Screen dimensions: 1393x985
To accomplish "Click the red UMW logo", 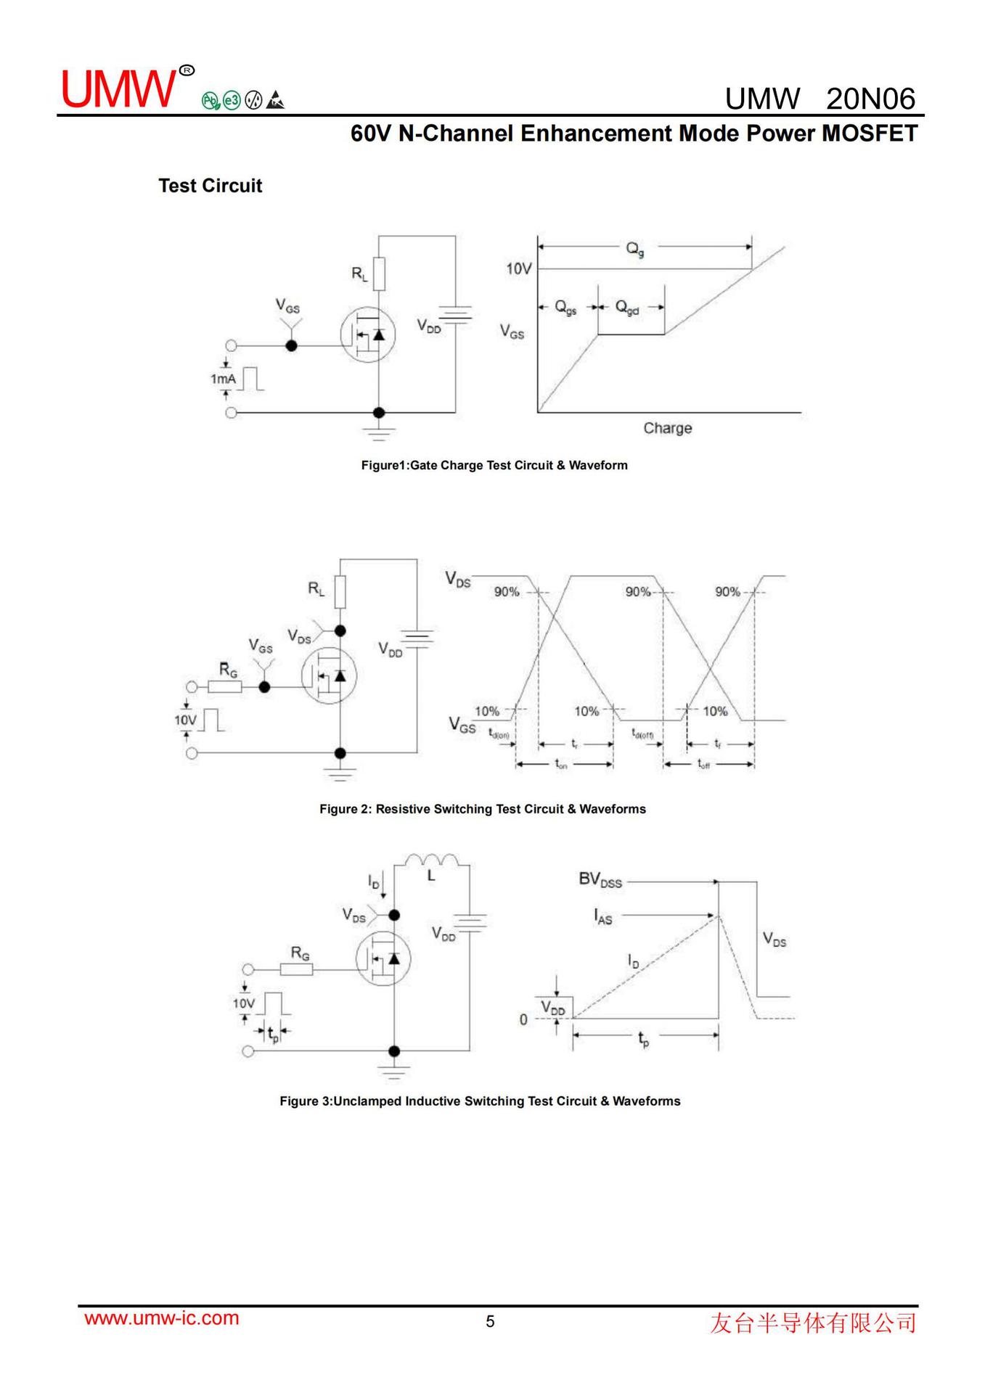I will pos(119,89).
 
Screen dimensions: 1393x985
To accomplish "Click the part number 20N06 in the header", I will pos(870,99).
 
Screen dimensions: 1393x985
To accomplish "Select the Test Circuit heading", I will pos(210,186).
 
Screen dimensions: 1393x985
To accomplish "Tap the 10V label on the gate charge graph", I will pos(518,269).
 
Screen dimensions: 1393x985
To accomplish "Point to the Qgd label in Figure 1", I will pos(627,308).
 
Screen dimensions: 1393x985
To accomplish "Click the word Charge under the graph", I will pos(667,428).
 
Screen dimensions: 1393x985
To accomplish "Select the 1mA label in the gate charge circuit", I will pos(223,379).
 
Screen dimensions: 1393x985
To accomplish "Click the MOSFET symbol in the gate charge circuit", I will pos(367,334).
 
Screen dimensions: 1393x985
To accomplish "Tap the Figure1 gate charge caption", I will pos(494,465).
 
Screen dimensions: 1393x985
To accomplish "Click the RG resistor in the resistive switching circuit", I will pos(225,686).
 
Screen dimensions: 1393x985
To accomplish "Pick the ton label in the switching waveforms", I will pos(561,763).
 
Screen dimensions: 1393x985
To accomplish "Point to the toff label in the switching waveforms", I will pos(703,763).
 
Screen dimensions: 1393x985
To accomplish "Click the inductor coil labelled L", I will pos(432,861).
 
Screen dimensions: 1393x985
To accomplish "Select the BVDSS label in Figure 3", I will pos(600,880).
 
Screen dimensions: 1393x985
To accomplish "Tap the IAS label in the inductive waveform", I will pos(602,917).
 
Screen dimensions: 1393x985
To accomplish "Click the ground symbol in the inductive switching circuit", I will pos(394,1070).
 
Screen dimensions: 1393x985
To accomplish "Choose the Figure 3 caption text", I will pos(480,1101).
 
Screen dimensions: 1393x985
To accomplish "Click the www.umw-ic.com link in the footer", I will pos(162,1318).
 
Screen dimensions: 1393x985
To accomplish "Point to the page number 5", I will pos(490,1321).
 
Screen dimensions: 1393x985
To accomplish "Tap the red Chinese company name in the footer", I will pos(812,1323).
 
